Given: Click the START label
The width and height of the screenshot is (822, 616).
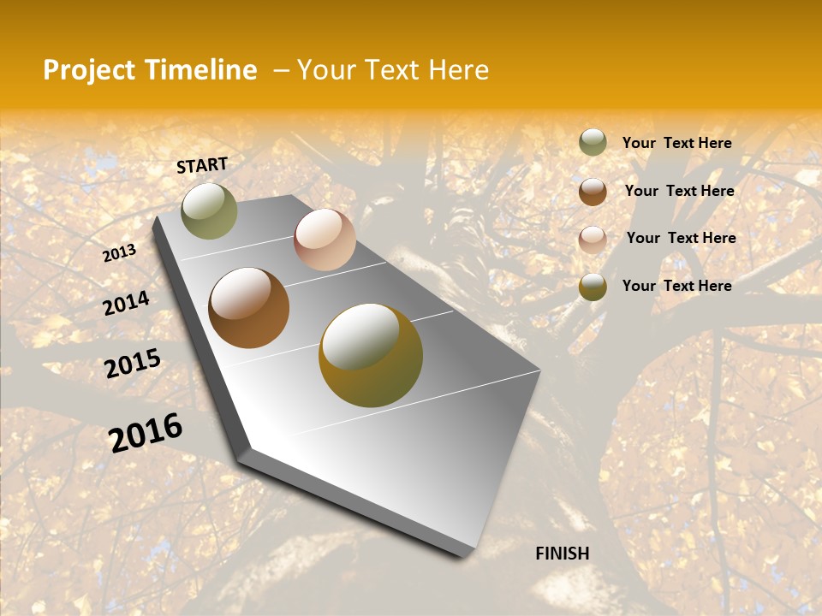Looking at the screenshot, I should (x=202, y=165).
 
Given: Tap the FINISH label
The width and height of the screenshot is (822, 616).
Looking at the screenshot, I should (x=562, y=554).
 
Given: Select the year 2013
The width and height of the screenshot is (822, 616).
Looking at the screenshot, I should (x=120, y=253).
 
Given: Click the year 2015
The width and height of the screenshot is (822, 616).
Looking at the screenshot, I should (x=133, y=364).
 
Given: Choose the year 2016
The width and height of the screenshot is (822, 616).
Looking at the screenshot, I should (x=146, y=432).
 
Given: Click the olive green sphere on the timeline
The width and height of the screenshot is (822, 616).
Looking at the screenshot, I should (x=209, y=210).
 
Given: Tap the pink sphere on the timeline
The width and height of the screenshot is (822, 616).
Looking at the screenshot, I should (x=325, y=239).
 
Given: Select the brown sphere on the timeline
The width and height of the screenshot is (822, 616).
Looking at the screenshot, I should (x=248, y=308).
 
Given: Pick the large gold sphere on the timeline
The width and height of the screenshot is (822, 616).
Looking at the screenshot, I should (x=371, y=355).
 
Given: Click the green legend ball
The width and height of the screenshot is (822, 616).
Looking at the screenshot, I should (x=593, y=142).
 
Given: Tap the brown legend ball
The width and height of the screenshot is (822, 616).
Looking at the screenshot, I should (x=593, y=191).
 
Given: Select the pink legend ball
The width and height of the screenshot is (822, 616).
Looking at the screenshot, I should (x=593, y=239).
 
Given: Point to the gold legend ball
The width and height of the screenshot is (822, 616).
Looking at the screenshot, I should (x=593, y=287).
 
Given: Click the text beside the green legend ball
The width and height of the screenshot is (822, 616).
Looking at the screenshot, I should (x=676, y=143).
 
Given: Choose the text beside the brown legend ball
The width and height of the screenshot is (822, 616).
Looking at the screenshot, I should (x=679, y=191).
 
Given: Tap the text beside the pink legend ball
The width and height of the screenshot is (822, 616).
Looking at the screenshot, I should (x=681, y=238).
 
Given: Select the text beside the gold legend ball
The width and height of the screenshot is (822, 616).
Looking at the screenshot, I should (x=676, y=286).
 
